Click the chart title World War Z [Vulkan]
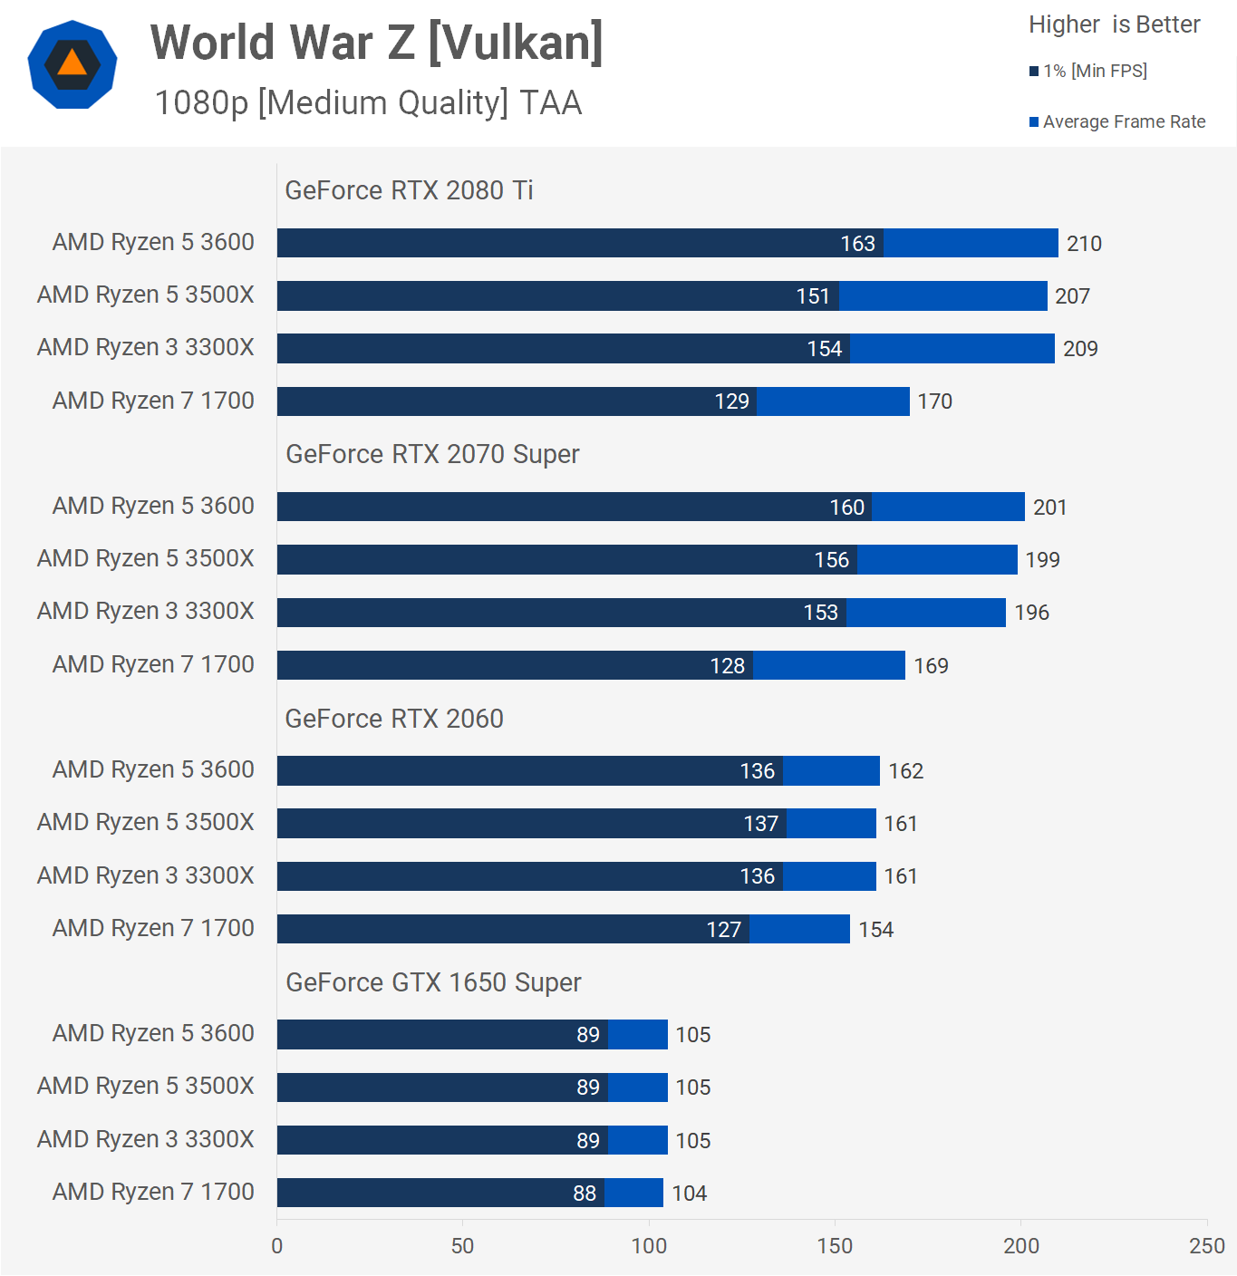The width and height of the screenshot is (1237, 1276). (x=376, y=43)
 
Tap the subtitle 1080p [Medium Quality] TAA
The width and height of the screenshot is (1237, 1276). (x=368, y=102)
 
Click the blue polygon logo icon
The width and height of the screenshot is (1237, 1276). (x=72, y=64)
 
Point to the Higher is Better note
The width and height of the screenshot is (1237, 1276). (x=1114, y=24)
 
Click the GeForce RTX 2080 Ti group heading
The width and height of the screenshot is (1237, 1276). (x=409, y=190)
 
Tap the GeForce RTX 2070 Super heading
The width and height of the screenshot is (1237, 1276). (x=432, y=454)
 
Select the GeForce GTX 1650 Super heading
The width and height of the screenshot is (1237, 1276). (x=433, y=982)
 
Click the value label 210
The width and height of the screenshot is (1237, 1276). (x=1084, y=244)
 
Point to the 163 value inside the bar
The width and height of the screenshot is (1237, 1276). (x=857, y=244)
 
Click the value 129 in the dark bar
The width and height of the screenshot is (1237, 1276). (x=731, y=401)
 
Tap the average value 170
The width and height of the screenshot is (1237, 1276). (x=934, y=401)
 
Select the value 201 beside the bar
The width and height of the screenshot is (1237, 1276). (x=1049, y=507)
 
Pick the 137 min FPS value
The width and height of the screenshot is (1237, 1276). (x=760, y=824)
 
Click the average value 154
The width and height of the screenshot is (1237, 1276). (x=875, y=930)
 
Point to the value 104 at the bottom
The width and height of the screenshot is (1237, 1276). (x=689, y=1194)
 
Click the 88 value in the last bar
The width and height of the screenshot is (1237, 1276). (x=585, y=1194)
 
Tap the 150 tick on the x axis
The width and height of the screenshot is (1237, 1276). (x=835, y=1246)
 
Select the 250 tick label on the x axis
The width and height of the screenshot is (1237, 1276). (x=1206, y=1246)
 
